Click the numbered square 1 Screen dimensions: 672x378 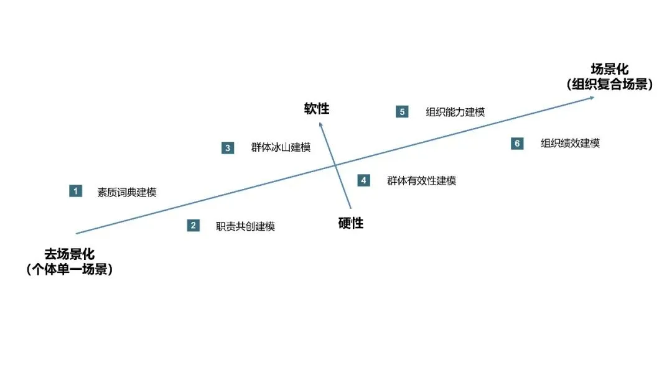tap(76, 191)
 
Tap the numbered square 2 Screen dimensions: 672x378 tap(194, 226)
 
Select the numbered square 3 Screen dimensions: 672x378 tap(228, 148)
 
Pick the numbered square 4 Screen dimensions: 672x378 tap(363, 180)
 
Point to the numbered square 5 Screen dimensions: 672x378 tap(402, 112)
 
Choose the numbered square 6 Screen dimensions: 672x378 tap(517, 144)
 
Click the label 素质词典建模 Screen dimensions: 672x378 tap(126, 192)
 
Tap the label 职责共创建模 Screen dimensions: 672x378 tap(245, 226)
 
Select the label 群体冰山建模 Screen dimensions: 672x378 tap(281, 148)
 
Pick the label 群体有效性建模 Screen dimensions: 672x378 tap(421, 181)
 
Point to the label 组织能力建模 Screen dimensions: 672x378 tap(455, 113)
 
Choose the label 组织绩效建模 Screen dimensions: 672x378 tap(570, 144)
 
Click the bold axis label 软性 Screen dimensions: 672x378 tap(317, 109)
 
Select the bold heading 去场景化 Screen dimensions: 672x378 tap(69, 254)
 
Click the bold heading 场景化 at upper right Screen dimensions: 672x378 tap(609, 69)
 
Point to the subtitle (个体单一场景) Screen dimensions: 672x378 tap(69, 270)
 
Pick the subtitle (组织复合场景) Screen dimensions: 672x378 tap(609, 85)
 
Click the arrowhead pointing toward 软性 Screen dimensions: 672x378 tap(321, 126)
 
